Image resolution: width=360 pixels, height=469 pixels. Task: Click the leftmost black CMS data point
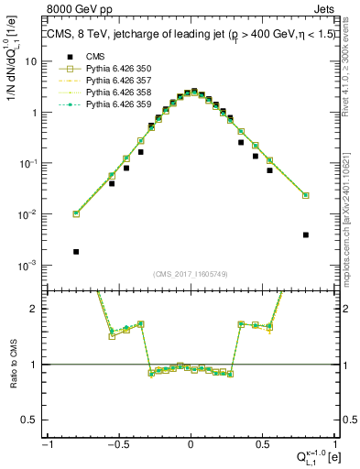pos(76,251)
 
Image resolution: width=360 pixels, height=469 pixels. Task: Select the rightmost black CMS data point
pos(306,234)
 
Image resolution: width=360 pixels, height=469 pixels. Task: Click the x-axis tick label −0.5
pos(118,444)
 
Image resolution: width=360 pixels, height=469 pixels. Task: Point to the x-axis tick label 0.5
pos(261,444)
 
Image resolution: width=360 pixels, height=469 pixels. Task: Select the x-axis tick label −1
pos(48,444)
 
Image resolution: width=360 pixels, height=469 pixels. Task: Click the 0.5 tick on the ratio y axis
pos(35,420)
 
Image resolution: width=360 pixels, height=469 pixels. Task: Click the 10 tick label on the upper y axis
pos(33,61)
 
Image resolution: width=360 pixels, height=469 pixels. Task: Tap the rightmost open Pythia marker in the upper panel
pos(306,195)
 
